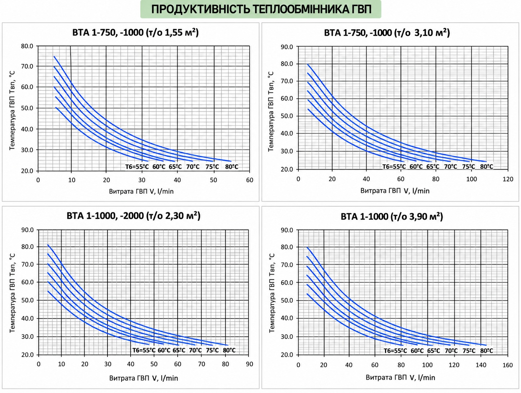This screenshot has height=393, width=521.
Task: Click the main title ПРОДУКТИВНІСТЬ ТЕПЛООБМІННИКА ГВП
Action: coord(261,9)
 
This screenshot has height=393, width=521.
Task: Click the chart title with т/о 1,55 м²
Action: coord(135,32)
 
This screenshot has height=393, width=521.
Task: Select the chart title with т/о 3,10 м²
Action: coord(387,32)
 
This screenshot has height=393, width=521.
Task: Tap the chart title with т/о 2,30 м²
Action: coord(133,216)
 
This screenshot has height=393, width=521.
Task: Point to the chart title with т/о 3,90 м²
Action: coord(391,217)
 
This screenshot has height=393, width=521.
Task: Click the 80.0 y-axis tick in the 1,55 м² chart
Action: coord(27,46)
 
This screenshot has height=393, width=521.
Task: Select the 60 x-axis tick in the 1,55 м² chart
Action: coord(249,180)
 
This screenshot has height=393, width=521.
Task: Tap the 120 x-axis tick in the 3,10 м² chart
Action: coord(508,179)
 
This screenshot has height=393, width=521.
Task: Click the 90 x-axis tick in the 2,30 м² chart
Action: coord(249,364)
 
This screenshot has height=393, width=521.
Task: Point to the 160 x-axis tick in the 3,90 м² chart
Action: coord(508,365)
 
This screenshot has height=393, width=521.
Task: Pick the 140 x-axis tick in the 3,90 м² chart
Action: coord(481,365)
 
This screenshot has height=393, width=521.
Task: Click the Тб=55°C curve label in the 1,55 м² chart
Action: coord(137,167)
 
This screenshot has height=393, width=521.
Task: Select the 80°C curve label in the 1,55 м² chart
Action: coord(232,167)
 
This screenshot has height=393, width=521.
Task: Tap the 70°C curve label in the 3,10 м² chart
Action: coord(451,167)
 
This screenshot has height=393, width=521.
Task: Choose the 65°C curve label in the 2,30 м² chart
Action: coord(179,350)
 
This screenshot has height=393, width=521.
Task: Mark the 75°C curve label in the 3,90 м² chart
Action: coord(469,351)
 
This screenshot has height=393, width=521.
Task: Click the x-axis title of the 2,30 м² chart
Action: coord(144,378)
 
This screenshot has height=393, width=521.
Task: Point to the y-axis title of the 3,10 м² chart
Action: coord(271,112)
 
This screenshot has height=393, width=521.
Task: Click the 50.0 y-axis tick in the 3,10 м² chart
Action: coord(287,116)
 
